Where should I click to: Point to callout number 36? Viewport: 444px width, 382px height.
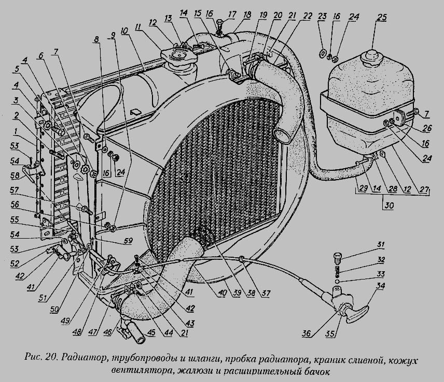click(308, 333)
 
